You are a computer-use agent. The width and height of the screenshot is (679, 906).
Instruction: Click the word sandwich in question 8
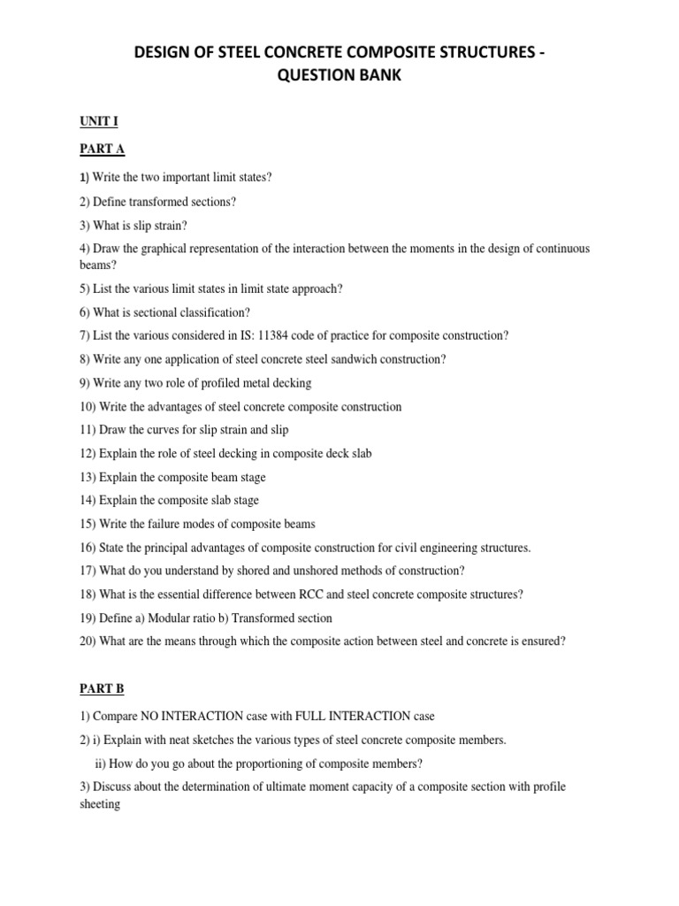click(x=330, y=359)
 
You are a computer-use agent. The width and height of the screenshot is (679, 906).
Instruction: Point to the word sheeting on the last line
click(x=100, y=804)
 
